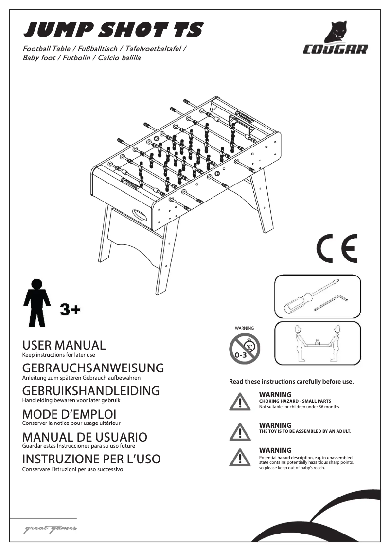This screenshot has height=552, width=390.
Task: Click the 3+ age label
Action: [70, 309]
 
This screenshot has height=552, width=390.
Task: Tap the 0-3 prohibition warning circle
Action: [245, 350]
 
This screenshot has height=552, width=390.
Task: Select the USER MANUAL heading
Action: [64, 345]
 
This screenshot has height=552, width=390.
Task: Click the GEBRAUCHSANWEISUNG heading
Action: [93, 368]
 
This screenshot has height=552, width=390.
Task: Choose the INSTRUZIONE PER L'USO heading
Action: [91, 459]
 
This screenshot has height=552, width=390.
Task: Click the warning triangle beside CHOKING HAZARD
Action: [239, 402]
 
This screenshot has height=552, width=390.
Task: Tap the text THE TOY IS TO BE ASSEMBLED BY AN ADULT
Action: [305, 431]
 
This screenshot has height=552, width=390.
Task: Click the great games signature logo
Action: [50, 530]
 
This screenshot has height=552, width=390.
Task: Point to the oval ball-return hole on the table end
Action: [139, 214]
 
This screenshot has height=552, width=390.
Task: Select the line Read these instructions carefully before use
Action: [291, 381]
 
